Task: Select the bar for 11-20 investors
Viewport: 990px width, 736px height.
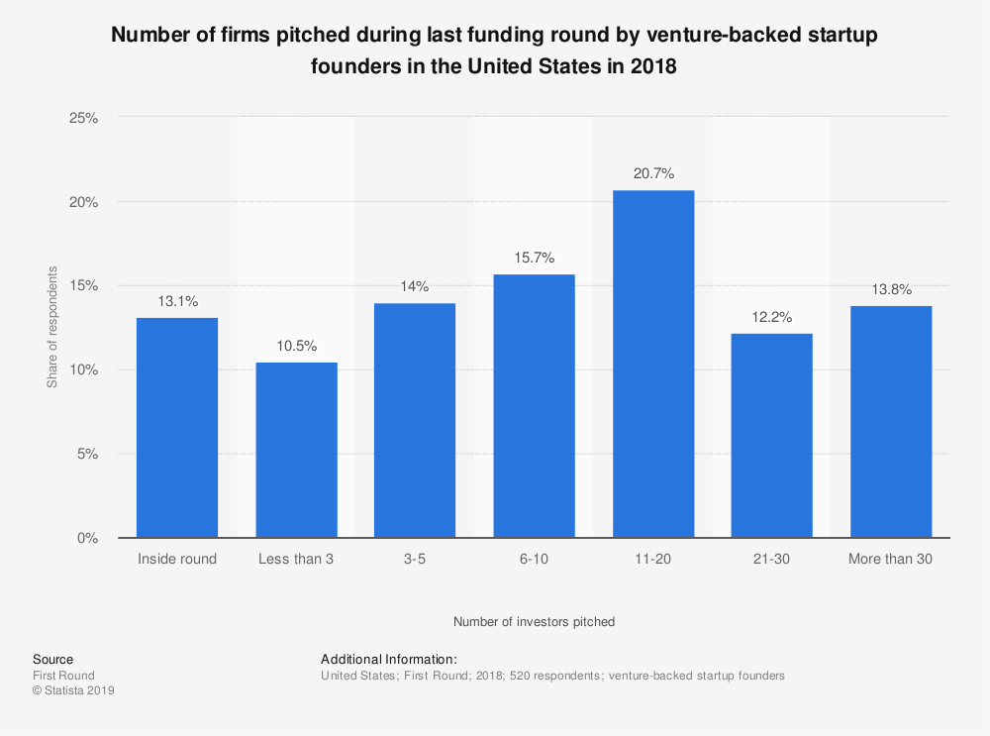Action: click(x=653, y=364)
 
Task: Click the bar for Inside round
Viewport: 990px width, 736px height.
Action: click(x=177, y=428)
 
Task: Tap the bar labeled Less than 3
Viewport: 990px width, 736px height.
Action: click(x=296, y=450)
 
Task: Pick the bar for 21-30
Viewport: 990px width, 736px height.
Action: click(x=772, y=436)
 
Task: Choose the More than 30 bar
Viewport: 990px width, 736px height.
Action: click(x=891, y=422)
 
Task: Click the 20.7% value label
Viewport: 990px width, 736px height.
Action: click(x=653, y=173)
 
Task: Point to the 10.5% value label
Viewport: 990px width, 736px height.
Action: click(x=296, y=346)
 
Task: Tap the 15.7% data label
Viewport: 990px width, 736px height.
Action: click(x=535, y=258)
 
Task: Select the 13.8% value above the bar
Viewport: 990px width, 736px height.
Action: click(x=891, y=289)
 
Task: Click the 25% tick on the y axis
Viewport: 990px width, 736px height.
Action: click(x=84, y=117)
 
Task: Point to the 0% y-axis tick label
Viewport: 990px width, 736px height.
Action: click(x=88, y=539)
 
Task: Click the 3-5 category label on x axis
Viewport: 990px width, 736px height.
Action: click(x=415, y=560)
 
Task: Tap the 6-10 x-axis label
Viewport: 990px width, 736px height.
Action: click(x=535, y=560)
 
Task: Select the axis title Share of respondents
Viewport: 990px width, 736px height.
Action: click(x=52, y=327)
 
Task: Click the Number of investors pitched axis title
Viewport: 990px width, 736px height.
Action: click(x=534, y=622)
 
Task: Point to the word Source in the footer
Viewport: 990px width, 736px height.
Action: click(x=52, y=660)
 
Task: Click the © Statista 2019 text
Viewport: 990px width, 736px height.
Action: click(x=73, y=691)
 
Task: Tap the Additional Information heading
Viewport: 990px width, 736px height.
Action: click(x=389, y=660)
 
